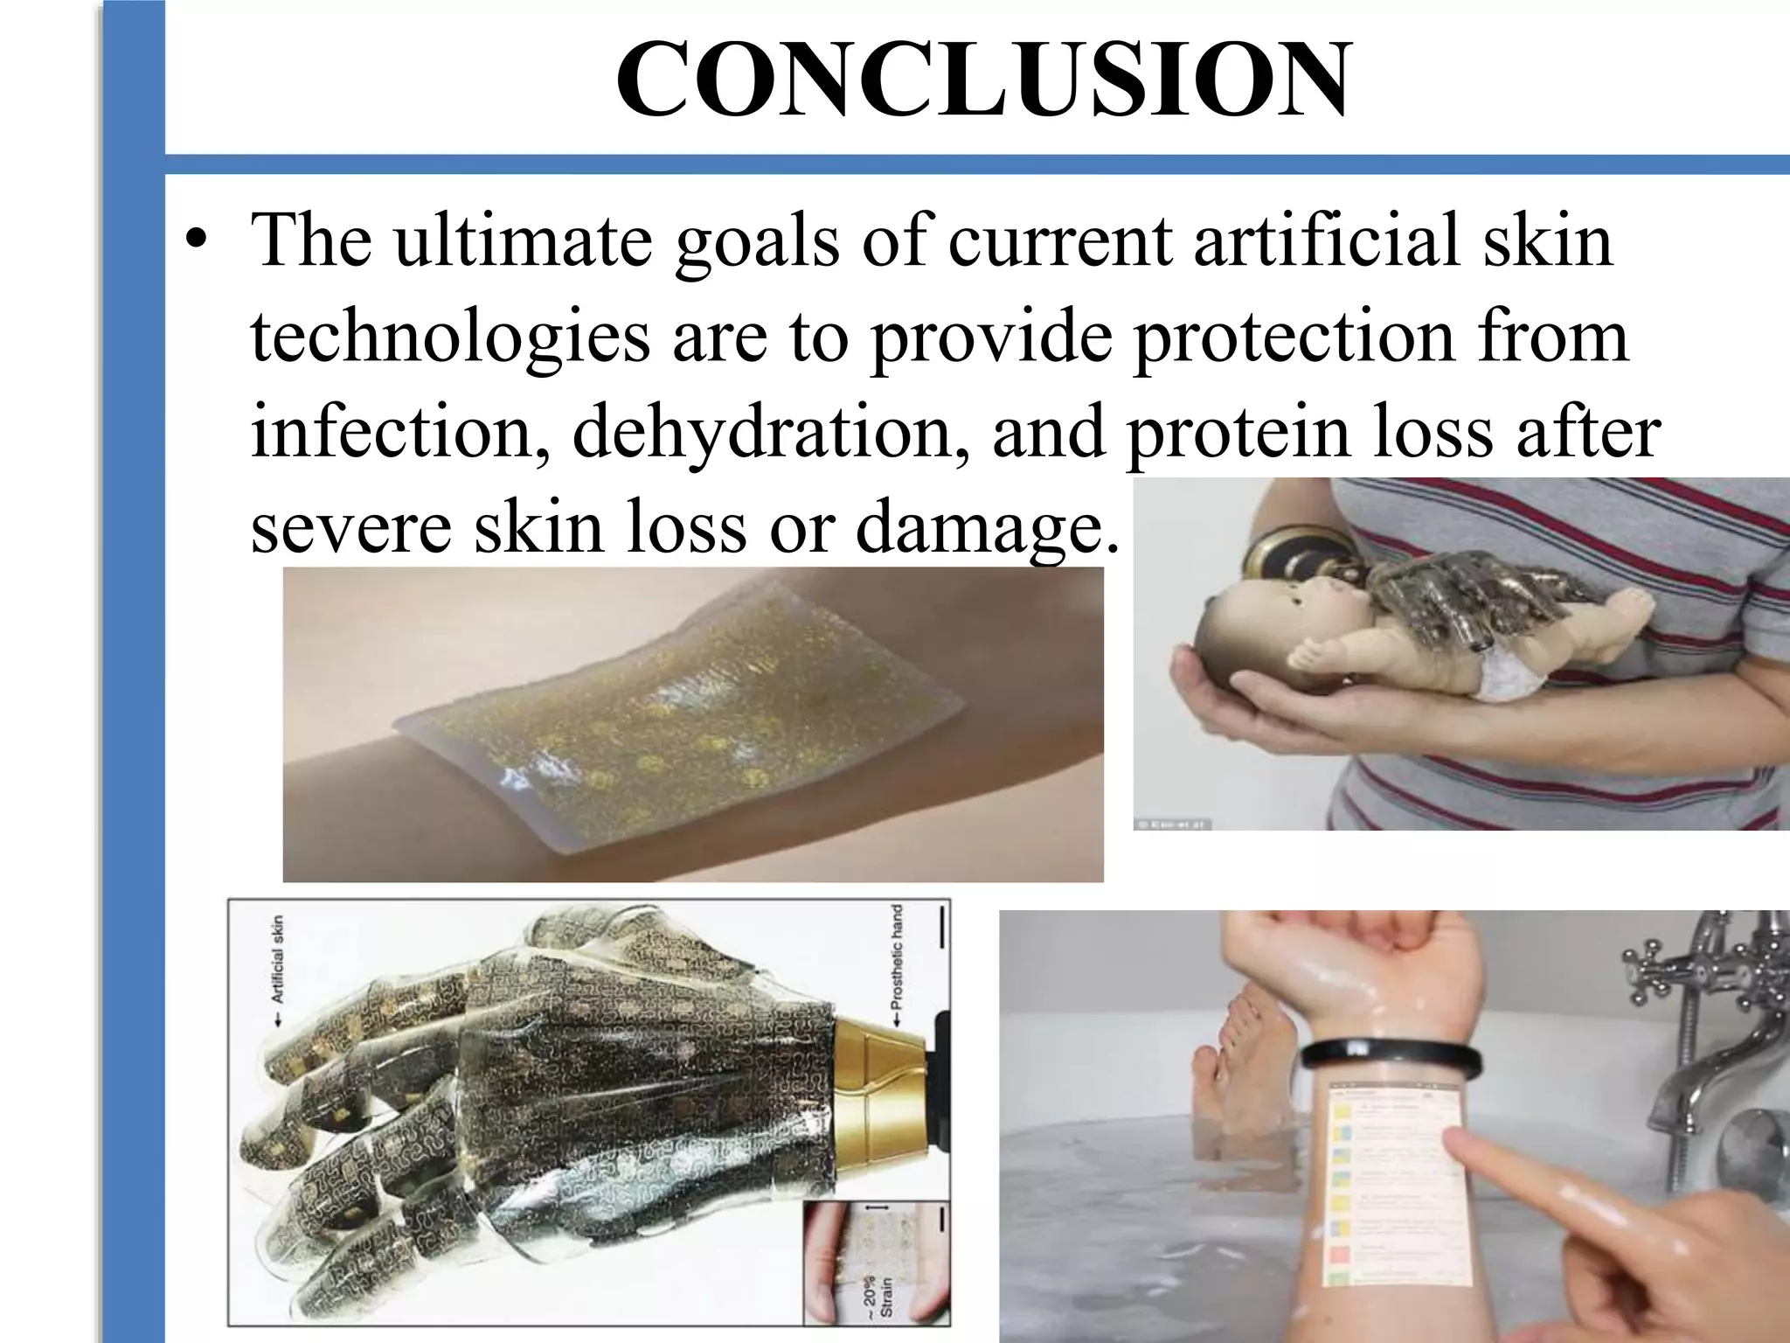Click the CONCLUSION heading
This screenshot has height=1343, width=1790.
pyautogui.click(x=983, y=81)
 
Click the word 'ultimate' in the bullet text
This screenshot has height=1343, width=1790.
pyautogui.click(x=523, y=240)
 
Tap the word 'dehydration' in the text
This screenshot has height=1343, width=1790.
pyautogui.click(x=771, y=432)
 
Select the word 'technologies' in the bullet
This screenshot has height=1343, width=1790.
pyautogui.click(x=450, y=336)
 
